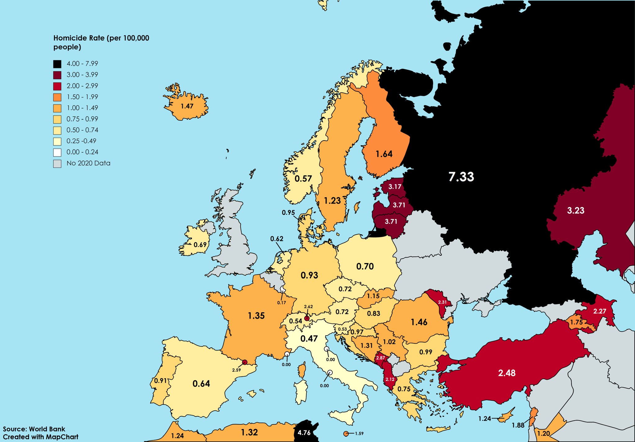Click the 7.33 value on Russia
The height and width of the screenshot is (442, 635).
coord(461,177)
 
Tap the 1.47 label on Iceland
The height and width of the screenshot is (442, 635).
coord(187,106)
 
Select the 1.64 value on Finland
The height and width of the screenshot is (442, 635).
coord(384,154)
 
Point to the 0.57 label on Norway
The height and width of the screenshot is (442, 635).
coord(303,179)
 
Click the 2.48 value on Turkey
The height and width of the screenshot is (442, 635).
coord(507,373)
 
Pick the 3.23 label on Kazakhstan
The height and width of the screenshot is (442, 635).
coord(575,210)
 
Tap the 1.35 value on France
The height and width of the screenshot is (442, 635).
coord(256,316)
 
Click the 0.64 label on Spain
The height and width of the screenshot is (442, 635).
coord(201,384)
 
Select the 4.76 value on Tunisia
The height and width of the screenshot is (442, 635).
coord(304,433)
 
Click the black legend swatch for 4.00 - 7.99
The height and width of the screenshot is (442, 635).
coord(57,64)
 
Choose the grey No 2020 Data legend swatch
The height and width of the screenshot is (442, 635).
coord(57,163)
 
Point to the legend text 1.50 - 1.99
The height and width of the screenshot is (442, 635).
coord(82,97)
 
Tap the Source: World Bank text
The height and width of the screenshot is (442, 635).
coord(34,429)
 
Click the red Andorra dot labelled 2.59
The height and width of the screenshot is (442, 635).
coord(245,362)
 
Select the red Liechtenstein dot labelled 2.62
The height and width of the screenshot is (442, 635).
coord(307,318)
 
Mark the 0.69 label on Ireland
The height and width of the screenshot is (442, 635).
coord(200,245)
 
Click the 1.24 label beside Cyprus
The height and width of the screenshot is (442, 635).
coord(485,419)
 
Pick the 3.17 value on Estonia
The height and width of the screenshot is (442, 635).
coord(395,187)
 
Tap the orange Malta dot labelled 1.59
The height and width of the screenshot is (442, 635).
coord(345,434)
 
